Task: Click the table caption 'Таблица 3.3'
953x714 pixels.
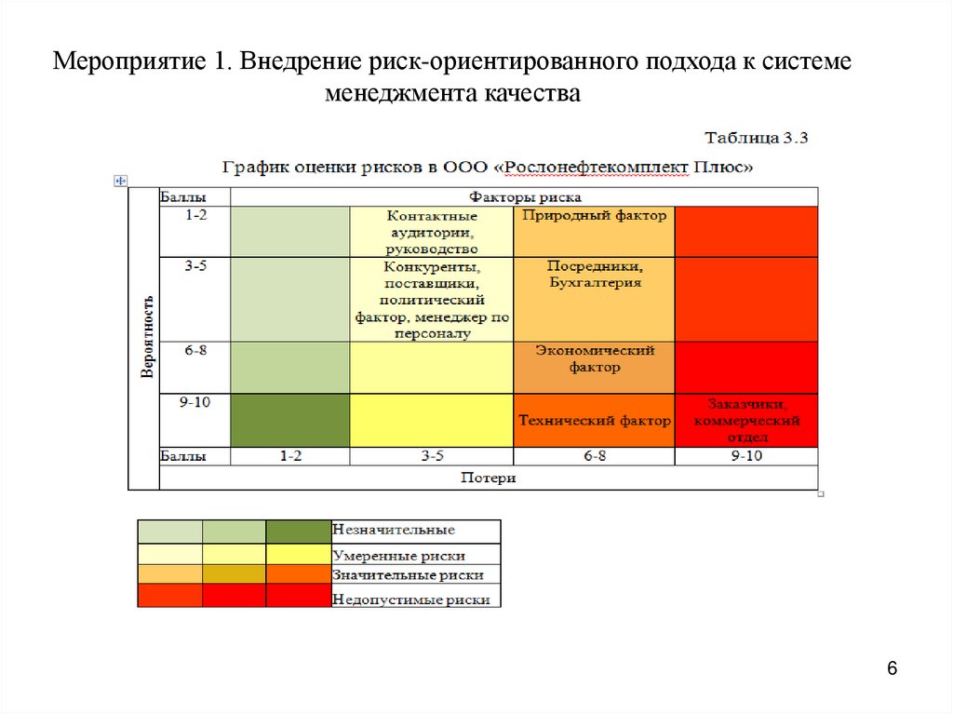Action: pyautogui.click(x=757, y=138)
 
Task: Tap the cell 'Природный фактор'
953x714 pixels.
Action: pyautogui.click(x=594, y=216)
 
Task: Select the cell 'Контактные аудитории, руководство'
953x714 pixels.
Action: pyautogui.click(x=431, y=232)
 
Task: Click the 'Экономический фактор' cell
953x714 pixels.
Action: pyautogui.click(x=594, y=358)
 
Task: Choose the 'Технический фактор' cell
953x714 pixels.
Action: pyautogui.click(x=594, y=421)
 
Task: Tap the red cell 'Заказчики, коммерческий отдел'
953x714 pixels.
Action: pyautogui.click(x=746, y=421)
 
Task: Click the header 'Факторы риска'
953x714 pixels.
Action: pyautogui.click(x=525, y=196)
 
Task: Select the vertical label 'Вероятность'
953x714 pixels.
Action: pyautogui.click(x=146, y=337)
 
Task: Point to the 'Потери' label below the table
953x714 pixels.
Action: pyautogui.click(x=489, y=478)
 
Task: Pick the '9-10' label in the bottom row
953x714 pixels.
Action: pyautogui.click(x=746, y=456)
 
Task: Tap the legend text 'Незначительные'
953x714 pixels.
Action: pyautogui.click(x=394, y=531)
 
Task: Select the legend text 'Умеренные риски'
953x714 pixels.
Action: pyautogui.click(x=398, y=555)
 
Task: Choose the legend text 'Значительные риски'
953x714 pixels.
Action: pyautogui.click(x=408, y=576)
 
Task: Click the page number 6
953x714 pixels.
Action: pyautogui.click(x=892, y=669)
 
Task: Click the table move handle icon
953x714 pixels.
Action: pyautogui.click(x=119, y=181)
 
